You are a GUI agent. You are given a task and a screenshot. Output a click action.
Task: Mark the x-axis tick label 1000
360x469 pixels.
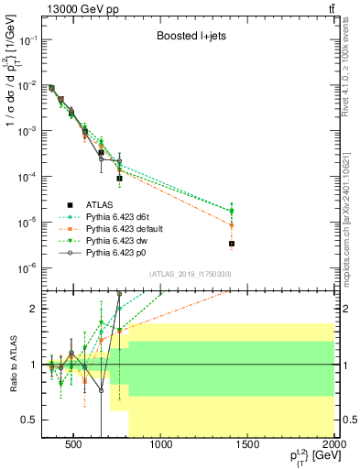[x=161, y=445]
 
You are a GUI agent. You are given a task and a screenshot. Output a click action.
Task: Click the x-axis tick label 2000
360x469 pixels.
[x=333, y=445]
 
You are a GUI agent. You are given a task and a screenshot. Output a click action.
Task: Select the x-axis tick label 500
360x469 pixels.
[x=74, y=445]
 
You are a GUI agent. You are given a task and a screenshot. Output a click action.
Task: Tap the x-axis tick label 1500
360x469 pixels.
[x=247, y=445]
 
